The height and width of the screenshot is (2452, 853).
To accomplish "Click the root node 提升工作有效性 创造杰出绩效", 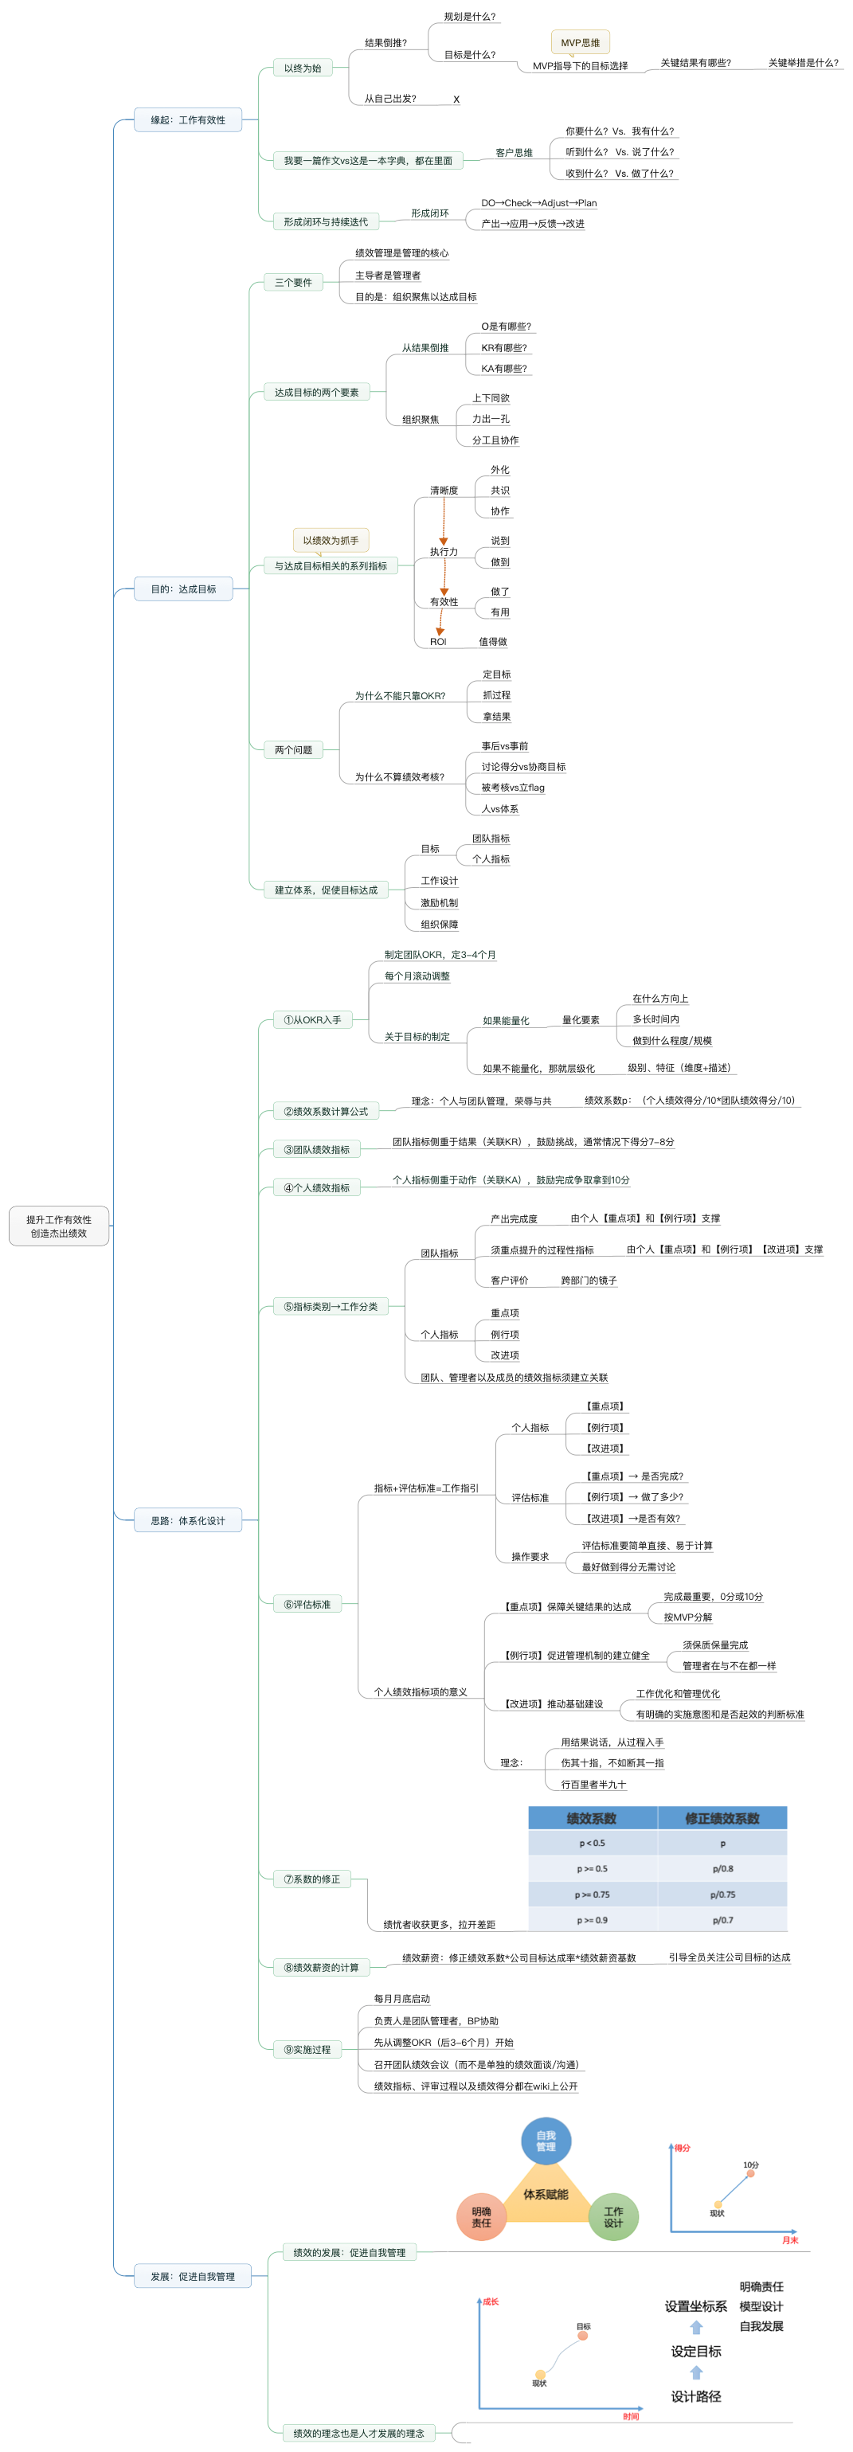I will pos(59,1226).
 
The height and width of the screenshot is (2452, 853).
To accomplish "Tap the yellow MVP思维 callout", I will pos(580,43).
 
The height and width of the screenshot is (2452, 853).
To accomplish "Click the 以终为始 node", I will pos(303,68).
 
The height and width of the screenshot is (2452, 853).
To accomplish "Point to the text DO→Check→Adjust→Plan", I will pos(539,203).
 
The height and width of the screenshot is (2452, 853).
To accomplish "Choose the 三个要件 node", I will pos(293,283).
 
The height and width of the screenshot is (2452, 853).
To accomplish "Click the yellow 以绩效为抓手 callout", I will pos(331,541).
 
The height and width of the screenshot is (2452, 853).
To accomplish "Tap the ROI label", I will pos(438,642).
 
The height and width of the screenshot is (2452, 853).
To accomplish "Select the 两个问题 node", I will pos(293,750).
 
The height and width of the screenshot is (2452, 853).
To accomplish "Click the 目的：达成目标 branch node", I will pos(183,589).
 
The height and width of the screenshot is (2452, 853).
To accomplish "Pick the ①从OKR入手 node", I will pos(312,1020).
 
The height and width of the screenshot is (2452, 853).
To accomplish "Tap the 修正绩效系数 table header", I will pos(722,1819).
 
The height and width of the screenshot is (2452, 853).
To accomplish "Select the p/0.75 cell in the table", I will pos(722,1895).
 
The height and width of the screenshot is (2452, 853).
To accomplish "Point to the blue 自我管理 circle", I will pos(546,2141).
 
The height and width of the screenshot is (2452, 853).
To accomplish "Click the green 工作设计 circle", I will pos(613,2217).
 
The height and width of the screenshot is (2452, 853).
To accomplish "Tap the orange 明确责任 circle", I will pos(482,2217).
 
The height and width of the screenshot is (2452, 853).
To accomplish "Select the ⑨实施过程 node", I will pos(307,2049).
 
